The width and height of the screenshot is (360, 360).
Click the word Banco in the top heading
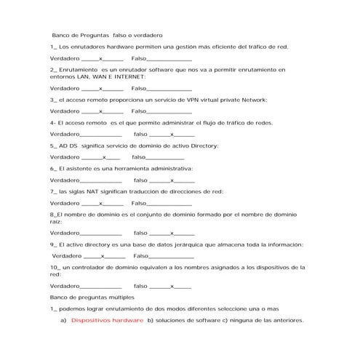coord(62,35)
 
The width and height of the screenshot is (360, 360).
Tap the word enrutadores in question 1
coord(87,47)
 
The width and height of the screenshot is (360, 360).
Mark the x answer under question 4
coord(172,135)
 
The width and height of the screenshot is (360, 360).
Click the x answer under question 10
coord(172,287)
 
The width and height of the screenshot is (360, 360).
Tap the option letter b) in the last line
coord(151,320)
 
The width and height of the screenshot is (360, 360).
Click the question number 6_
coord(53,169)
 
